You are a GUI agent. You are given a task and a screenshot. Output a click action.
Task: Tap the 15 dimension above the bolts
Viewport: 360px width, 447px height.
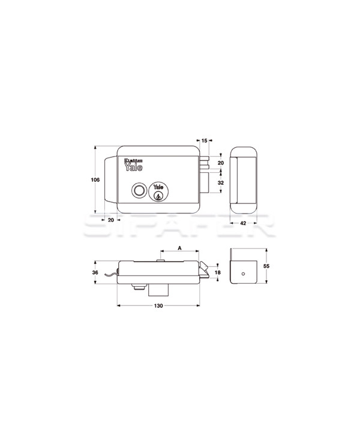tap(204, 140)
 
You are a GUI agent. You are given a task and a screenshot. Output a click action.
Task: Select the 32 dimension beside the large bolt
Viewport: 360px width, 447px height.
tap(220, 182)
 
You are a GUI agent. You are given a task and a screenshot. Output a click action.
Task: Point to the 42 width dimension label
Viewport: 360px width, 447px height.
tap(244, 223)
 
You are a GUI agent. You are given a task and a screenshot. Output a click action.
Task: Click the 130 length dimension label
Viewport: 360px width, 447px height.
tap(158, 306)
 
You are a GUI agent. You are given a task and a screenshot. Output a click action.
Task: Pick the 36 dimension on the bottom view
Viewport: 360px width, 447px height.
tap(95, 272)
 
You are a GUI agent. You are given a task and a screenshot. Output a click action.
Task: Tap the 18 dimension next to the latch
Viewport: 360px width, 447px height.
tap(218, 273)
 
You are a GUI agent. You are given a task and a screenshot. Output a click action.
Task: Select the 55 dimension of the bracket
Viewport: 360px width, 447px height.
tap(268, 265)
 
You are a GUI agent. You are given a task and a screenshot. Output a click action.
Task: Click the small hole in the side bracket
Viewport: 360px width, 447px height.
tap(242, 273)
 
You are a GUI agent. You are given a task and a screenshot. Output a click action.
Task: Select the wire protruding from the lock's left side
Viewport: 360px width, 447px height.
tap(110, 275)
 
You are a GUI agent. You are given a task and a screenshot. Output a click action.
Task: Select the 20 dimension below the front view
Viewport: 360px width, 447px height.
tap(111, 220)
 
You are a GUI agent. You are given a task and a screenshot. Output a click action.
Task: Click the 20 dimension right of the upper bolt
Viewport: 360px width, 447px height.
tap(220, 163)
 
